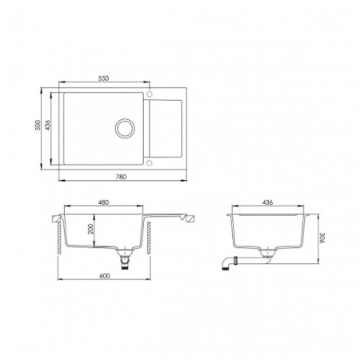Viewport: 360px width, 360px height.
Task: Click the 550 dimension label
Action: click(103, 78)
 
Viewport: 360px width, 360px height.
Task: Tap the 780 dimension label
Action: click(121, 177)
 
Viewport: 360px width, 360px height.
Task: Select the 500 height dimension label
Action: click(38, 125)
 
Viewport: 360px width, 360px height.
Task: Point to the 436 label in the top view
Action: click(47, 125)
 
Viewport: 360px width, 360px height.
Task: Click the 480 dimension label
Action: click(103, 202)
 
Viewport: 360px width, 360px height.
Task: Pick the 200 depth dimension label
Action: click(90, 229)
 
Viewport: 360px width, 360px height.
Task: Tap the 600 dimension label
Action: click(104, 276)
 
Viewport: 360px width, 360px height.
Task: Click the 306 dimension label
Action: click(322, 238)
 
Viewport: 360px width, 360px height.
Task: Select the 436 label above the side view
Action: click(267, 202)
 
